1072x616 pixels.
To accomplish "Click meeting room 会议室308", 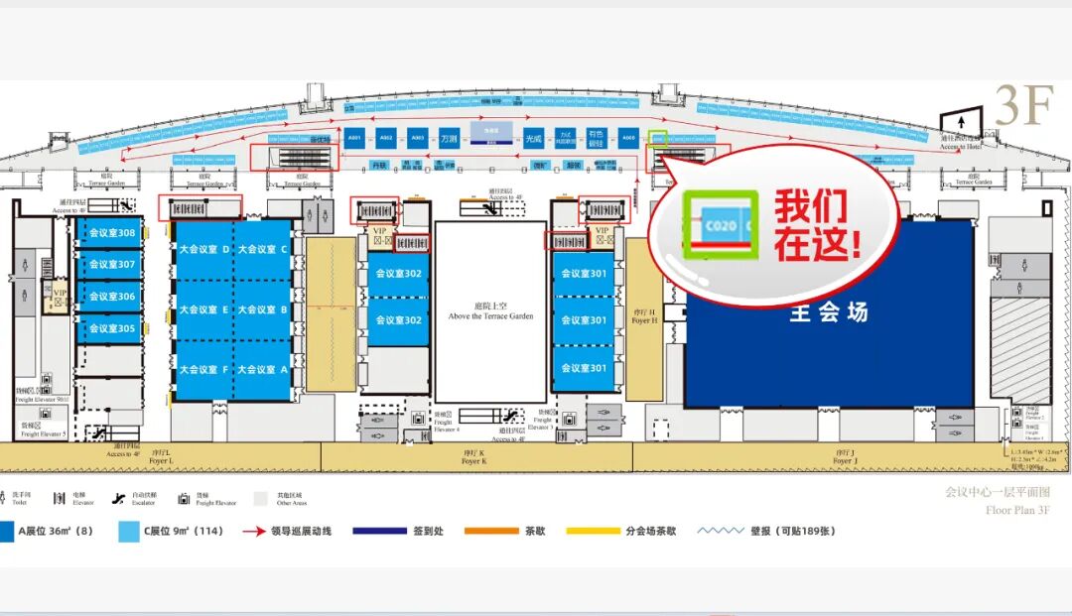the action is tap(111, 233).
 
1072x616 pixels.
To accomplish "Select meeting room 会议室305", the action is tap(111, 328).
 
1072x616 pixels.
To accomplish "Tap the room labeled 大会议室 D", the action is tap(204, 249).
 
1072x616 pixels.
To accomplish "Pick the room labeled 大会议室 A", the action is tap(262, 369).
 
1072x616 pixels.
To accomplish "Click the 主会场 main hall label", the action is tap(828, 312).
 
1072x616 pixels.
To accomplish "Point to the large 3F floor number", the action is tap(1022, 105).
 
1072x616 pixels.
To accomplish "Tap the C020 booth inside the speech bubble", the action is tap(722, 227).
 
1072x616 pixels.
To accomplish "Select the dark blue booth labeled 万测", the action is tap(449, 139).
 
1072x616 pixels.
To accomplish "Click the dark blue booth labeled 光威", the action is tap(534, 139).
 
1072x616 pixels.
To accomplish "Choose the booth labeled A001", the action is tap(354, 139).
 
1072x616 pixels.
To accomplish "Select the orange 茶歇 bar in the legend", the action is tap(492, 531).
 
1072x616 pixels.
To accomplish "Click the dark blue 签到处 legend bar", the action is tap(379, 531).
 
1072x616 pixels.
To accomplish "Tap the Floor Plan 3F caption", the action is tap(1016, 510).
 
